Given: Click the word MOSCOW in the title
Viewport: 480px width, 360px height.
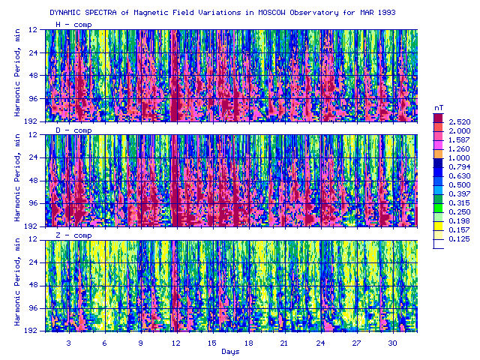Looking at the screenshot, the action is tap(271, 13).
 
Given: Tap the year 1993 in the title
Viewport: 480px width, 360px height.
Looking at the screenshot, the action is tap(387, 13).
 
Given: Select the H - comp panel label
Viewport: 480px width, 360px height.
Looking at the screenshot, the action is tap(73, 25).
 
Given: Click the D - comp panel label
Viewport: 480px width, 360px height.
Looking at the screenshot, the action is tap(73, 130).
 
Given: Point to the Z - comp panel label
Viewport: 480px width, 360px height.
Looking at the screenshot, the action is tap(73, 235).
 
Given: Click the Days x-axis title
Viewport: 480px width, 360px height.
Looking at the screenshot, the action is tap(230, 352).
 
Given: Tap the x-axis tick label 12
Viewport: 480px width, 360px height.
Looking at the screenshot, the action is tap(176, 343).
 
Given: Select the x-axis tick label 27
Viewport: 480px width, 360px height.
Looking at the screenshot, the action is tap(356, 343).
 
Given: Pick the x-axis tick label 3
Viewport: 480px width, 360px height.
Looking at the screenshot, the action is tap(68, 343).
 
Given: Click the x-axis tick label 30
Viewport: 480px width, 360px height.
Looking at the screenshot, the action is tap(392, 343).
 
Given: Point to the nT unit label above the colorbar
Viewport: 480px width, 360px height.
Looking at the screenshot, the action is tap(439, 108).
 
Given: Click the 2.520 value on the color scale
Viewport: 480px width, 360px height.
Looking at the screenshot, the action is tap(459, 121).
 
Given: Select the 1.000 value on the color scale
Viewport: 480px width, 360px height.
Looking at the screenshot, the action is tap(459, 158).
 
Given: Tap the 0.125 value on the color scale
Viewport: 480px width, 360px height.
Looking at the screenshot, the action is tap(459, 239).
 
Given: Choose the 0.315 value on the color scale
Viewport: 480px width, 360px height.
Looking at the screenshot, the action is tap(459, 203).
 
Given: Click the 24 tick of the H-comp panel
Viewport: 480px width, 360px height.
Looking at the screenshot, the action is tap(33, 52).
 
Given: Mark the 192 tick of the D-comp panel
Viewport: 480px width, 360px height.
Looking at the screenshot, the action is tap(31, 226).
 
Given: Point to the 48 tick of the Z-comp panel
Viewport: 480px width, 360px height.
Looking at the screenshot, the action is tap(33, 285).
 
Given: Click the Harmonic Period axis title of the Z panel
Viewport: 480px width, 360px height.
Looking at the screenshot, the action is tap(17, 282).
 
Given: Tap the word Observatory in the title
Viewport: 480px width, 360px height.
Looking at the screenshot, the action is tap(314, 13).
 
